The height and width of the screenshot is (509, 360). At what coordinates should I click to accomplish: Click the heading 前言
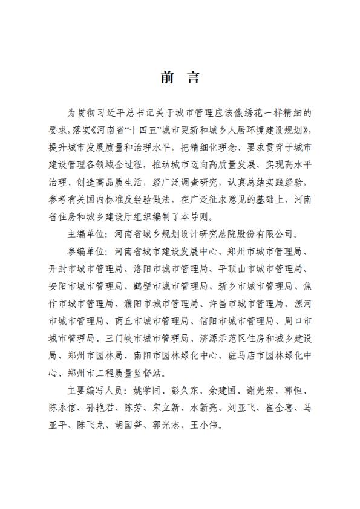pos(180,78)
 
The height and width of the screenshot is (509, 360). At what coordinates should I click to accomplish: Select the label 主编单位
pos(86,233)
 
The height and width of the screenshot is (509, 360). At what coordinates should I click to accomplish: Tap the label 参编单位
pos(86,251)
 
